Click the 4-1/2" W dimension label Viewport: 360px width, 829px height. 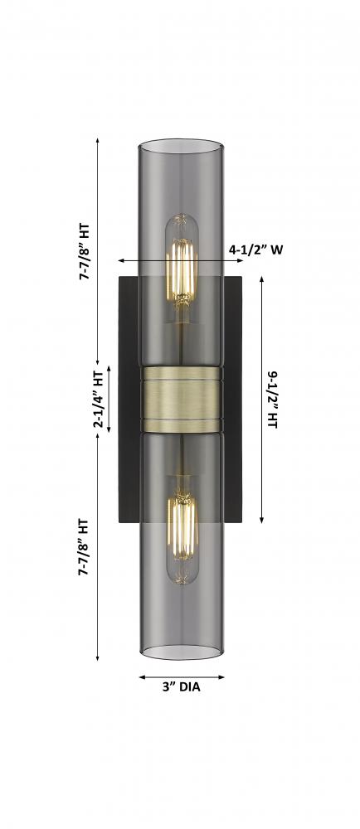point(255,250)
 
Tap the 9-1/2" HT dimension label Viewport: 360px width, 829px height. point(273,400)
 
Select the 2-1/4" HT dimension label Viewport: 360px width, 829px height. point(99,399)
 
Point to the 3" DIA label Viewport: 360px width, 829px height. point(182,688)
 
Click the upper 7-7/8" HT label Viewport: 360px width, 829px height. point(85,252)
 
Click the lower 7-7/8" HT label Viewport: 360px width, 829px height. point(84,546)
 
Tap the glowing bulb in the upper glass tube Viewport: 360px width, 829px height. point(182,268)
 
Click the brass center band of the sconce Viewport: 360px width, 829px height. point(182,399)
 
